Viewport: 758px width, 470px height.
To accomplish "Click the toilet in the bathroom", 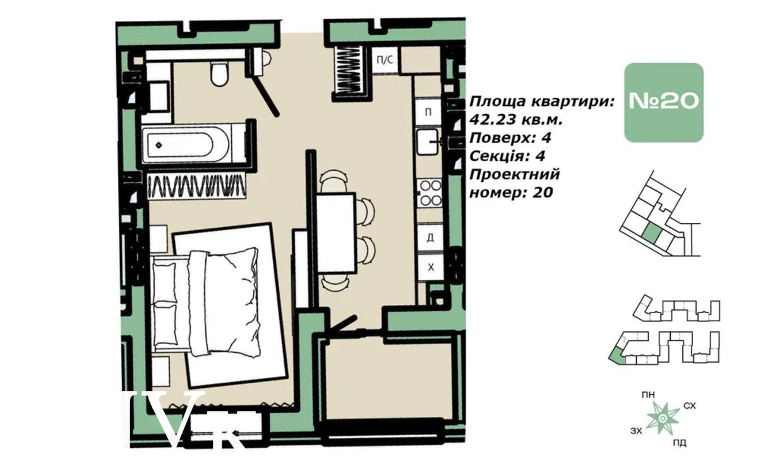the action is [x=219, y=74].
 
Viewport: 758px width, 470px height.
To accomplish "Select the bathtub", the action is [x=193, y=144].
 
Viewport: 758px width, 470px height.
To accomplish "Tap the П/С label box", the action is [x=385, y=60].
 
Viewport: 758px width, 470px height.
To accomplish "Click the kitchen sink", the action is [x=428, y=142].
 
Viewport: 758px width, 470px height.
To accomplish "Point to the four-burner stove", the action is [x=430, y=193].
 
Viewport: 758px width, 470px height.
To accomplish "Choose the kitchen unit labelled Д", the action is [x=430, y=237].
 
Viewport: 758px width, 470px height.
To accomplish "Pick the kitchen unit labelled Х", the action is [x=430, y=268].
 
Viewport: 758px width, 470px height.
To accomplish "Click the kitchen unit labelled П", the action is [x=428, y=112].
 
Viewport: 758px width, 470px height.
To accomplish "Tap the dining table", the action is [x=336, y=233].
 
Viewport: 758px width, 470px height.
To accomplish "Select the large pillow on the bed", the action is [x=224, y=302].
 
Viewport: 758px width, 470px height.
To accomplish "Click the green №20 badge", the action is [x=664, y=102].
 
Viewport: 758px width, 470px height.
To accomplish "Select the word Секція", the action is [x=496, y=156].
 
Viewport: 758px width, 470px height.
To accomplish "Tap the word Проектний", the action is [x=515, y=175].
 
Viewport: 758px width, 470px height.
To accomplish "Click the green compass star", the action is [x=663, y=418].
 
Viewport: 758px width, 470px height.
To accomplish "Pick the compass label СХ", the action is [x=690, y=405].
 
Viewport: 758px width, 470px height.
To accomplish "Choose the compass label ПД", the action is [x=680, y=443].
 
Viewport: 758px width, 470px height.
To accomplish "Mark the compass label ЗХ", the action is [x=636, y=431].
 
